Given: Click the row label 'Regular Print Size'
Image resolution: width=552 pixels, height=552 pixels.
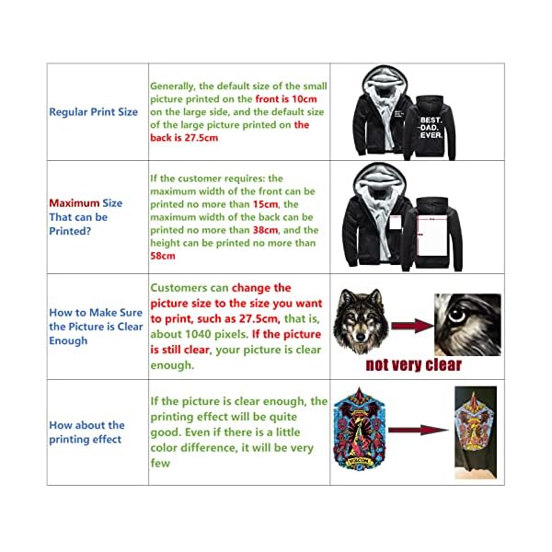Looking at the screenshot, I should pyautogui.click(x=93, y=112).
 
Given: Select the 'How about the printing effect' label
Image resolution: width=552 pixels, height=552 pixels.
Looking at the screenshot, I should pyautogui.click(x=86, y=432).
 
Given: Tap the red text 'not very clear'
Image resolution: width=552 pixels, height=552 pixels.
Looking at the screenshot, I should pyautogui.click(x=413, y=364).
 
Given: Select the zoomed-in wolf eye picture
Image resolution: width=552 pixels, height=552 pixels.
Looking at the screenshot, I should pyautogui.click(x=467, y=325).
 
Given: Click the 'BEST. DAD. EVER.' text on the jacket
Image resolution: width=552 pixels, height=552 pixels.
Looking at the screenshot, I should pyautogui.click(x=431, y=127).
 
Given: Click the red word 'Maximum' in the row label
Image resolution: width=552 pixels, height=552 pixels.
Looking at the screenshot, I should pyautogui.click(x=73, y=203).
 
